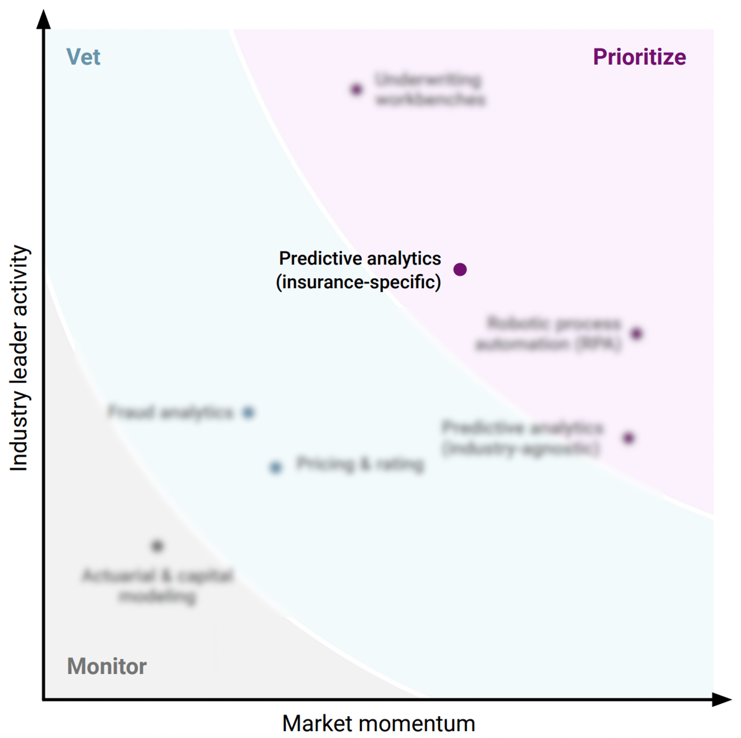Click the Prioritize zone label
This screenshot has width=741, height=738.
point(639,57)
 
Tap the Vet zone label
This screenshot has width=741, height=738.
point(83,57)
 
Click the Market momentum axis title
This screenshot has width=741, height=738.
point(379,723)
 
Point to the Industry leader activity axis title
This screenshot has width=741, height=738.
point(19,358)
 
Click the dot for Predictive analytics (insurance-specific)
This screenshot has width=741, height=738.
point(460,270)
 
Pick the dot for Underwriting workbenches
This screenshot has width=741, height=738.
point(356,90)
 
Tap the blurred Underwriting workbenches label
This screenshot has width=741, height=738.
point(430,90)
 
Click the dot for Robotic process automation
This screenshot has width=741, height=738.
point(636,334)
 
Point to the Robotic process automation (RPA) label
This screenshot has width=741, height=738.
point(549,334)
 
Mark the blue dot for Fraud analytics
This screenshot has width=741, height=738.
point(248,412)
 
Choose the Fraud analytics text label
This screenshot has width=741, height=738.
point(171,412)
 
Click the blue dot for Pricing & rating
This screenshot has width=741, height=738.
point(275,467)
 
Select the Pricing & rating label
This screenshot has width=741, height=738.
point(360,464)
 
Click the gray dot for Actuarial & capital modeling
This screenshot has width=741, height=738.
point(157,546)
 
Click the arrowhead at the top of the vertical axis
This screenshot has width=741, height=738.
point(43,19)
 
